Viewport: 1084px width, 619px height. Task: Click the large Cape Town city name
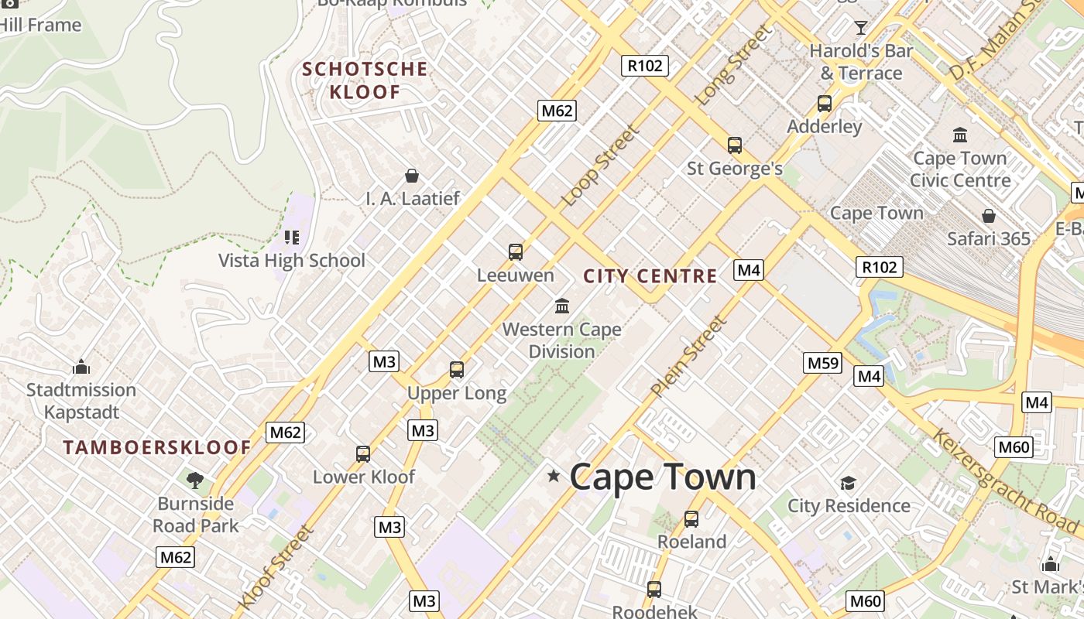click(663, 477)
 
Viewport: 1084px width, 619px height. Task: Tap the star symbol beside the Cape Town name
click(554, 475)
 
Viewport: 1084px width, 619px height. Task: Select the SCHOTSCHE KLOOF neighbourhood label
click(365, 80)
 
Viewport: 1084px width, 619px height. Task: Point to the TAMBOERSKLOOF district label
click(157, 447)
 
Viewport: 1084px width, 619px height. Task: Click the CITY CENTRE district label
click(650, 276)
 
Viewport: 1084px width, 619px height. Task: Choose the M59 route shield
click(822, 363)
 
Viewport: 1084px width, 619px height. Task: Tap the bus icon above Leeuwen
click(516, 252)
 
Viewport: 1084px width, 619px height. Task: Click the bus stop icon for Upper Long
click(457, 370)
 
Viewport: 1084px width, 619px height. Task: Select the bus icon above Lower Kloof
click(363, 454)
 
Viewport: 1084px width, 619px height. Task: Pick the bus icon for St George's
click(734, 145)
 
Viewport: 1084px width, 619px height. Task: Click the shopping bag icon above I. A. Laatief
click(412, 176)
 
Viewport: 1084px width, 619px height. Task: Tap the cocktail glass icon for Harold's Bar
click(860, 29)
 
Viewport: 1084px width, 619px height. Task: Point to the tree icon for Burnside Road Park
click(194, 480)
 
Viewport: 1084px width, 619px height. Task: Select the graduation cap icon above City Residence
click(849, 484)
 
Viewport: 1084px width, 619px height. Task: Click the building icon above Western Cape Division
click(562, 306)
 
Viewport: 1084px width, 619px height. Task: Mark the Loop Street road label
click(601, 166)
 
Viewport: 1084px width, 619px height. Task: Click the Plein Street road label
click(689, 356)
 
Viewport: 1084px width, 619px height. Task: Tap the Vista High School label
click(292, 260)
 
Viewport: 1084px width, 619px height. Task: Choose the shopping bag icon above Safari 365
click(989, 216)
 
